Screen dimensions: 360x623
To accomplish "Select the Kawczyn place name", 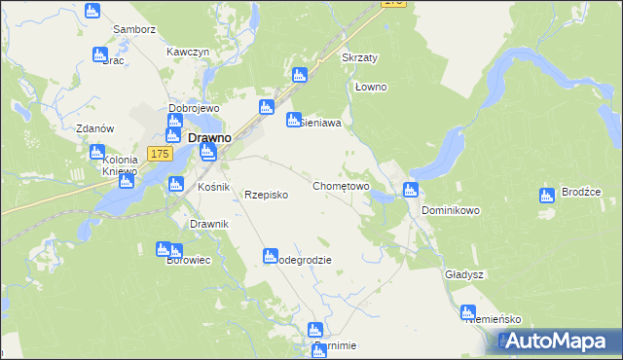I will (188, 52).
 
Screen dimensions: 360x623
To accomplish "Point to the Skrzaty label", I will (359, 57).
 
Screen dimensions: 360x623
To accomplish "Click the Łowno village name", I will (371, 87).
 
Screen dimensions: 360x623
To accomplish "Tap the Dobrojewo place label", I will (194, 108).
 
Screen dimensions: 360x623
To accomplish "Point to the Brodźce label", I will (582, 193).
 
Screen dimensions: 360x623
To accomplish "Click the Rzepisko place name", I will (266, 195).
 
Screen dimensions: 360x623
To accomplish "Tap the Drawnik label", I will (209, 225).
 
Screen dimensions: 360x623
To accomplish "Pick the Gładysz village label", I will (464, 274).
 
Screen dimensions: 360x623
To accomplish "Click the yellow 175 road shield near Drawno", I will (161, 154).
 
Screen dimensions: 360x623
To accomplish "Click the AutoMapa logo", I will (559, 342).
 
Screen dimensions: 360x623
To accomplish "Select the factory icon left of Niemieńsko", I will (468, 313).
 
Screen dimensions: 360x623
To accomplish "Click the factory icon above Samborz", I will (92, 12).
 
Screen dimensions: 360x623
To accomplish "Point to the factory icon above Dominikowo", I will (410, 190).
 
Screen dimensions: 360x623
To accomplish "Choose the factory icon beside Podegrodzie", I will (270, 256).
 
